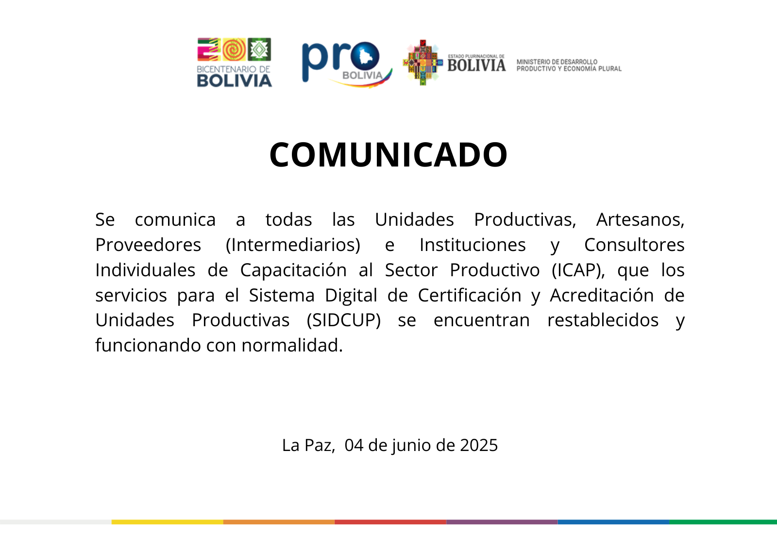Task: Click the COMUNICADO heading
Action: pos(388,155)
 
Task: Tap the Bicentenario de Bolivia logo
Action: pos(235,63)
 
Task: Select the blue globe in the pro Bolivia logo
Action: pos(365,56)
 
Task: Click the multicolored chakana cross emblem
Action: pos(423,63)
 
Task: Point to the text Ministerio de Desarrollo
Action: pos(557,62)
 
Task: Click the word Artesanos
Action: pos(641,219)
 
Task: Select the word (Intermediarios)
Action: pos(293,245)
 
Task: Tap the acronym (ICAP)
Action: pos(578,270)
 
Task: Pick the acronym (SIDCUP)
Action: pos(344,320)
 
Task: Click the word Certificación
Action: pos(469,296)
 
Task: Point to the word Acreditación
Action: pos(602,296)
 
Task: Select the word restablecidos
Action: pos(603,320)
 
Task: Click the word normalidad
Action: pos(292,345)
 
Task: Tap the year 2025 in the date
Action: pos(479,445)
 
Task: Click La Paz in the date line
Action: pos(308,446)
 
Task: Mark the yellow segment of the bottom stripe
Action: pos(167,522)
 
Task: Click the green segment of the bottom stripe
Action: pos(723,522)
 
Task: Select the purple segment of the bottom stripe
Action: pos(502,522)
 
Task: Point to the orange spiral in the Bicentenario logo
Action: pos(234,50)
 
